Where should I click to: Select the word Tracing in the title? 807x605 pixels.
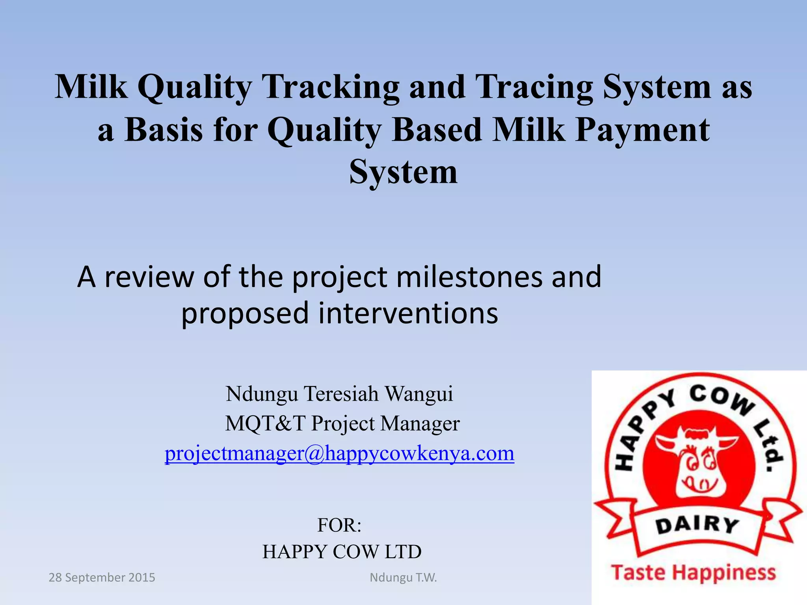534,87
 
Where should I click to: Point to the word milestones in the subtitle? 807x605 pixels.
469,277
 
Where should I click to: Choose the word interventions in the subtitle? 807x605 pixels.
408,314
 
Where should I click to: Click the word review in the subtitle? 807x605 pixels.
149,277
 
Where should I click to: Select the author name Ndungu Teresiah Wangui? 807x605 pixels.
339,393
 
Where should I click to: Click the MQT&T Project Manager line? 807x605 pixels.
342,423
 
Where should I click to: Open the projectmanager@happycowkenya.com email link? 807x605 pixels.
339,453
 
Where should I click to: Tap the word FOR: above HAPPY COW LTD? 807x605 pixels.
339,525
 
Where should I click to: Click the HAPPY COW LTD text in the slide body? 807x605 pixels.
342,552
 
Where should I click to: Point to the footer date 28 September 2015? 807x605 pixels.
102,577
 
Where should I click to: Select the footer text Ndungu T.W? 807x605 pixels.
403,577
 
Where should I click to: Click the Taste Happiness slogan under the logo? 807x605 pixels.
693,572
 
